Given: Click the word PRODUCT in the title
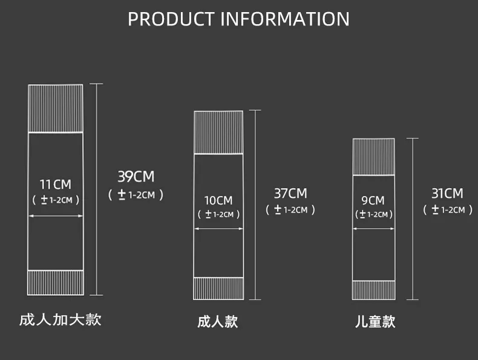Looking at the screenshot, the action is [x=171, y=19].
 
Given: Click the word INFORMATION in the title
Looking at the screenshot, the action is [x=285, y=19].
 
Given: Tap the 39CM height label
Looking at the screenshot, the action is [x=136, y=177].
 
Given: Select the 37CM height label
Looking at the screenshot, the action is [x=290, y=194].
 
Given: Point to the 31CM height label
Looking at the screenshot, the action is [x=447, y=194].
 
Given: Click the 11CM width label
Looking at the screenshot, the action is [x=56, y=185].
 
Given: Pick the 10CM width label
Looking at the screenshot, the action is [x=218, y=201].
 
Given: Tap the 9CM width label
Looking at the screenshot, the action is [x=373, y=201].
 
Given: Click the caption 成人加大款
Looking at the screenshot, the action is [x=60, y=320].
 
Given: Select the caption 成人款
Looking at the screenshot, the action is [x=217, y=322].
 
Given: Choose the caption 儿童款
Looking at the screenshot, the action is [x=375, y=322].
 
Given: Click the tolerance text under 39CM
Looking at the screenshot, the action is [x=136, y=195].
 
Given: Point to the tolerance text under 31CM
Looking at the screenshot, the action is [x=448, y=210].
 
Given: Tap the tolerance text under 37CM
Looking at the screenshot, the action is [x=290, y=210].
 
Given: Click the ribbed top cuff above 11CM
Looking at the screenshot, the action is [x=56, y=108].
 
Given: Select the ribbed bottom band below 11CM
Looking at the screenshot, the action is [x=56, y=283].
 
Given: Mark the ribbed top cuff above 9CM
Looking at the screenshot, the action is [x=373, y=157].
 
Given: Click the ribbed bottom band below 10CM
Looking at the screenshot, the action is [x=218, y=289].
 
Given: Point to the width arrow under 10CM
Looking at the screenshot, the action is [x=218, y=228].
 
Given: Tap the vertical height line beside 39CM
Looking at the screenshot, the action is [x=96, y=189].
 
